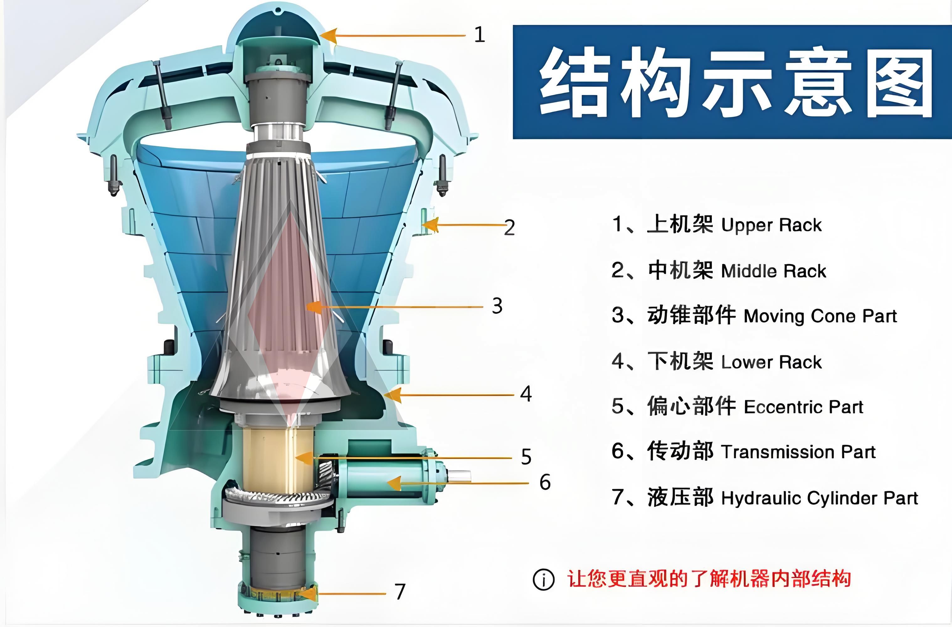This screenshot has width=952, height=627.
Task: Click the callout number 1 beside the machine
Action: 479,35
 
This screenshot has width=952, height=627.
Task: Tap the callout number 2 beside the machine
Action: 509,228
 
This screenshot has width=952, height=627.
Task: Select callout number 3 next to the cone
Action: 497,306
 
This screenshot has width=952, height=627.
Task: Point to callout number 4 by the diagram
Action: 526,394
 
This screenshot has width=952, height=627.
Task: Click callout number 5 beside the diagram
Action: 526,457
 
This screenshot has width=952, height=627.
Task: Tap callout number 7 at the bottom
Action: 400,591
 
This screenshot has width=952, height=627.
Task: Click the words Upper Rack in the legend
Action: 771,225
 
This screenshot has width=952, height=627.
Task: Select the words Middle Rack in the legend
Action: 773,271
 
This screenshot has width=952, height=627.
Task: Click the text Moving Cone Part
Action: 820,316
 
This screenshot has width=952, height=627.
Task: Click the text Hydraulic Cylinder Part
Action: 820,498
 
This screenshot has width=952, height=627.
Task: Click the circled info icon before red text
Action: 544,579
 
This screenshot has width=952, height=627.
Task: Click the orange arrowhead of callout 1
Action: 329,35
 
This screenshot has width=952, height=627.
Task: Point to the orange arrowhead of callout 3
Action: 315,307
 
